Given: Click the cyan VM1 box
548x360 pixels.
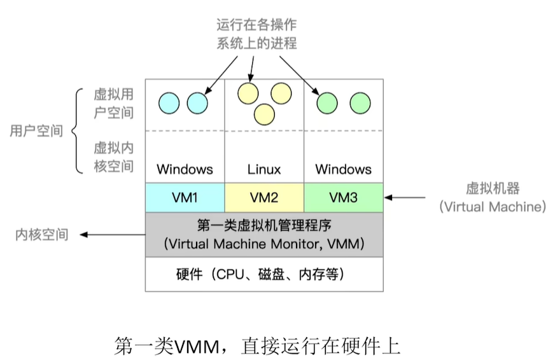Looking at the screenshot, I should point(185,197).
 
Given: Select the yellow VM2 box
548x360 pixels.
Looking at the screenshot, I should point(264,197).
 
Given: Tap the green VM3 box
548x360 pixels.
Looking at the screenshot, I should point(343,197).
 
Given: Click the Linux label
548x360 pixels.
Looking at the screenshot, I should point(264,169).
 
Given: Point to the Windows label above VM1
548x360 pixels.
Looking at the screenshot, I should point(185,169).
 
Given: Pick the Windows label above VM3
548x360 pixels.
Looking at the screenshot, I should point(343,169).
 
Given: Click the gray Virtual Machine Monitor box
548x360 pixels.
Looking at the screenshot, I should point(264,234).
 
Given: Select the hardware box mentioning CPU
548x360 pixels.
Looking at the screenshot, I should point(264,274).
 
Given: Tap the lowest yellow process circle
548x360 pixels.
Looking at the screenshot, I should point(263,114).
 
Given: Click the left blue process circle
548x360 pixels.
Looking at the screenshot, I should point(169,102).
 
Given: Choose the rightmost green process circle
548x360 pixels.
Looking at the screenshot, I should point(360,102).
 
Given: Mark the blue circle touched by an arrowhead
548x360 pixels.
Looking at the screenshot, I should point(197,102).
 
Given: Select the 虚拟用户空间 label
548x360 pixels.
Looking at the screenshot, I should point(113,104).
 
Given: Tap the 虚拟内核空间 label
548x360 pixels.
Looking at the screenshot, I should point(113,157).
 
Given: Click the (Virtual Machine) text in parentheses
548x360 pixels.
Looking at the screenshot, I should point(492,207).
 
